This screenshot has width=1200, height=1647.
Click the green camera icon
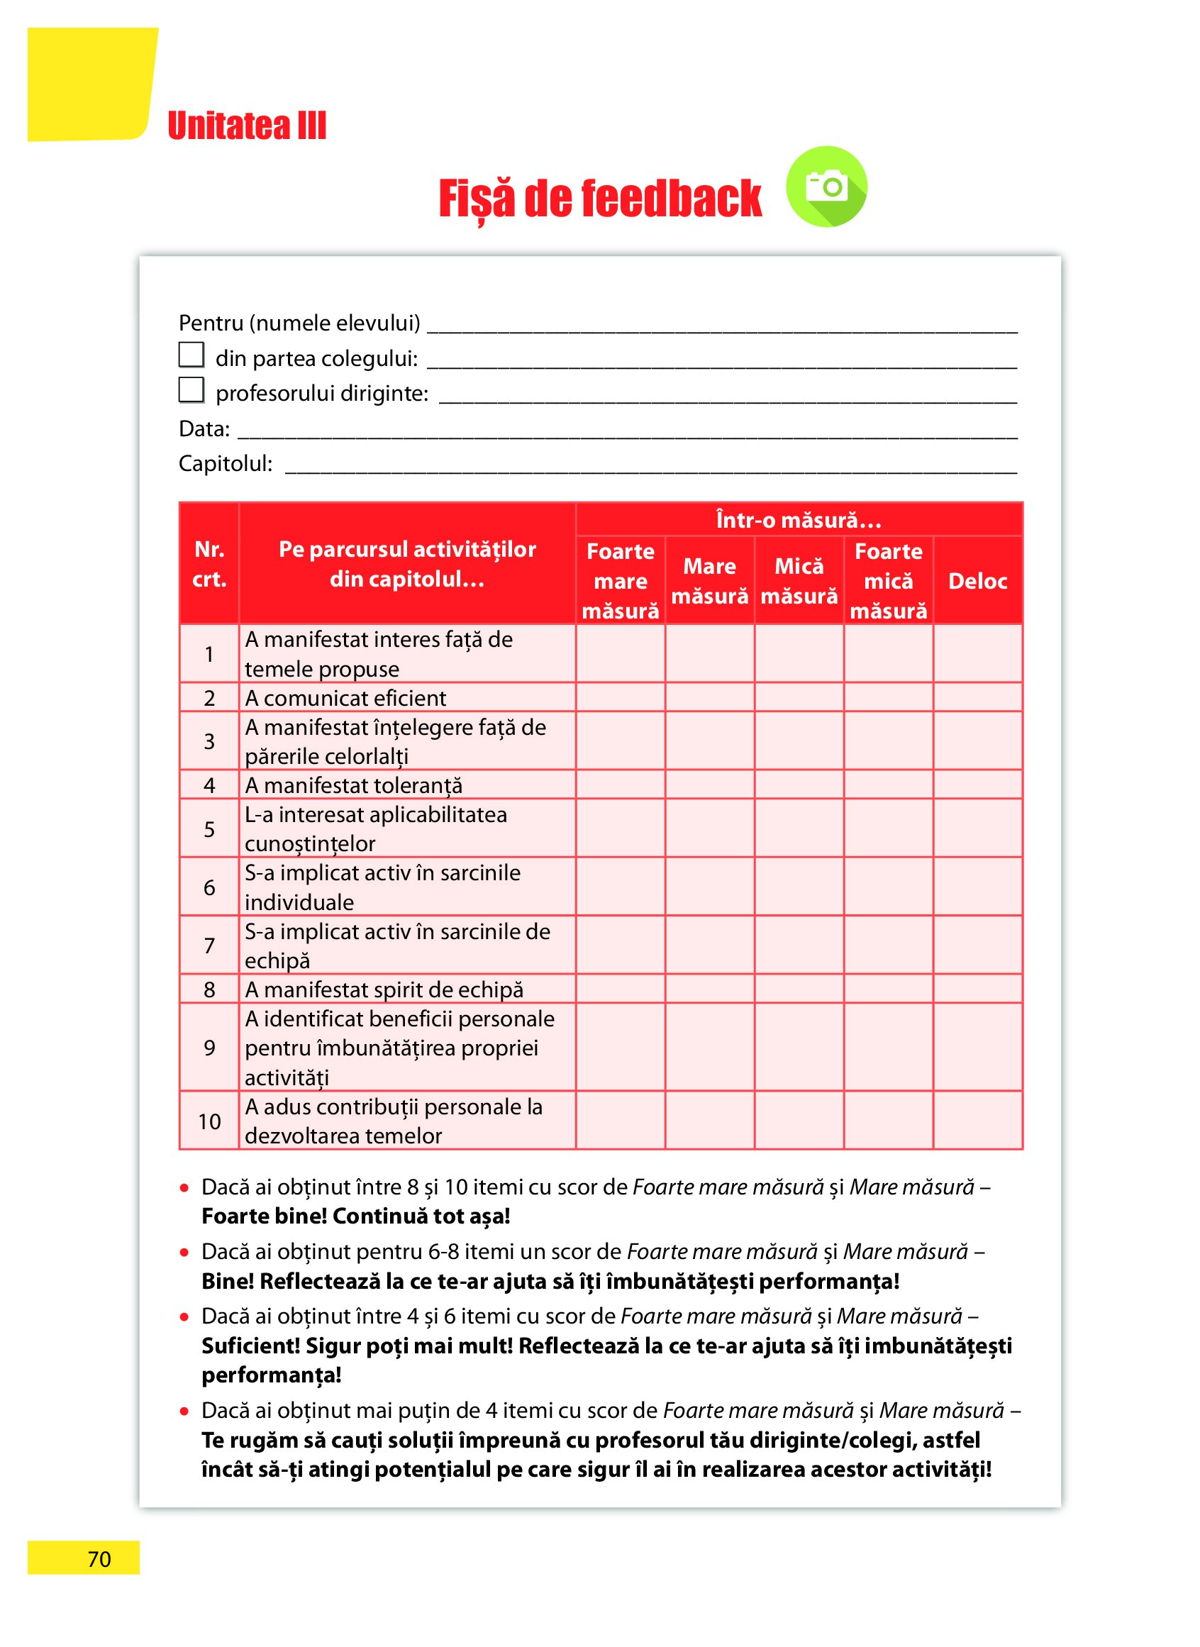coord(826,187)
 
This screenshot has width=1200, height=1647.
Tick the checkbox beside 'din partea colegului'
coord(191,355)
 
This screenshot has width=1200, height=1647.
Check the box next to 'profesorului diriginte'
coord(191,389)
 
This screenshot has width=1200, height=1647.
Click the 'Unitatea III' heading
coord(247,126)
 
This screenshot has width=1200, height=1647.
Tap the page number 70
coord(99,1559)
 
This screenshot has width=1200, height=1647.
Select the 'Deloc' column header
coord(977,581)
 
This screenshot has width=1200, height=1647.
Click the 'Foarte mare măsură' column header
coord(621,581)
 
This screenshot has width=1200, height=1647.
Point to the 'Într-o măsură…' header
coord(799,520)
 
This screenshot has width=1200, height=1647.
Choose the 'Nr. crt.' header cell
coord(209,564)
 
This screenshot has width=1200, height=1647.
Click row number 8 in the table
coord(209,989)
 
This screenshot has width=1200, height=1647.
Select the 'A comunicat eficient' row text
coord(345,698)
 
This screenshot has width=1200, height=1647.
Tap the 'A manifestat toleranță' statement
coord(353,785)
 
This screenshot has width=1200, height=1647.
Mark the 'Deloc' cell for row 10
coord(977,1121)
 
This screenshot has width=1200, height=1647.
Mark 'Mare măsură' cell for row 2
coord(710,698)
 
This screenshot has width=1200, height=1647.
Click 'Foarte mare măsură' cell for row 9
coord(621,1048)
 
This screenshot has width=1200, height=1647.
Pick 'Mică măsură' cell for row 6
coord(799,887)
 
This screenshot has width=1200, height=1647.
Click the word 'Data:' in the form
coord(204,428)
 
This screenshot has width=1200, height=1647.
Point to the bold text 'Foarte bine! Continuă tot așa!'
coord(355,1216)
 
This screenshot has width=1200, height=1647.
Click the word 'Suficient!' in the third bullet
coord(250,1346)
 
